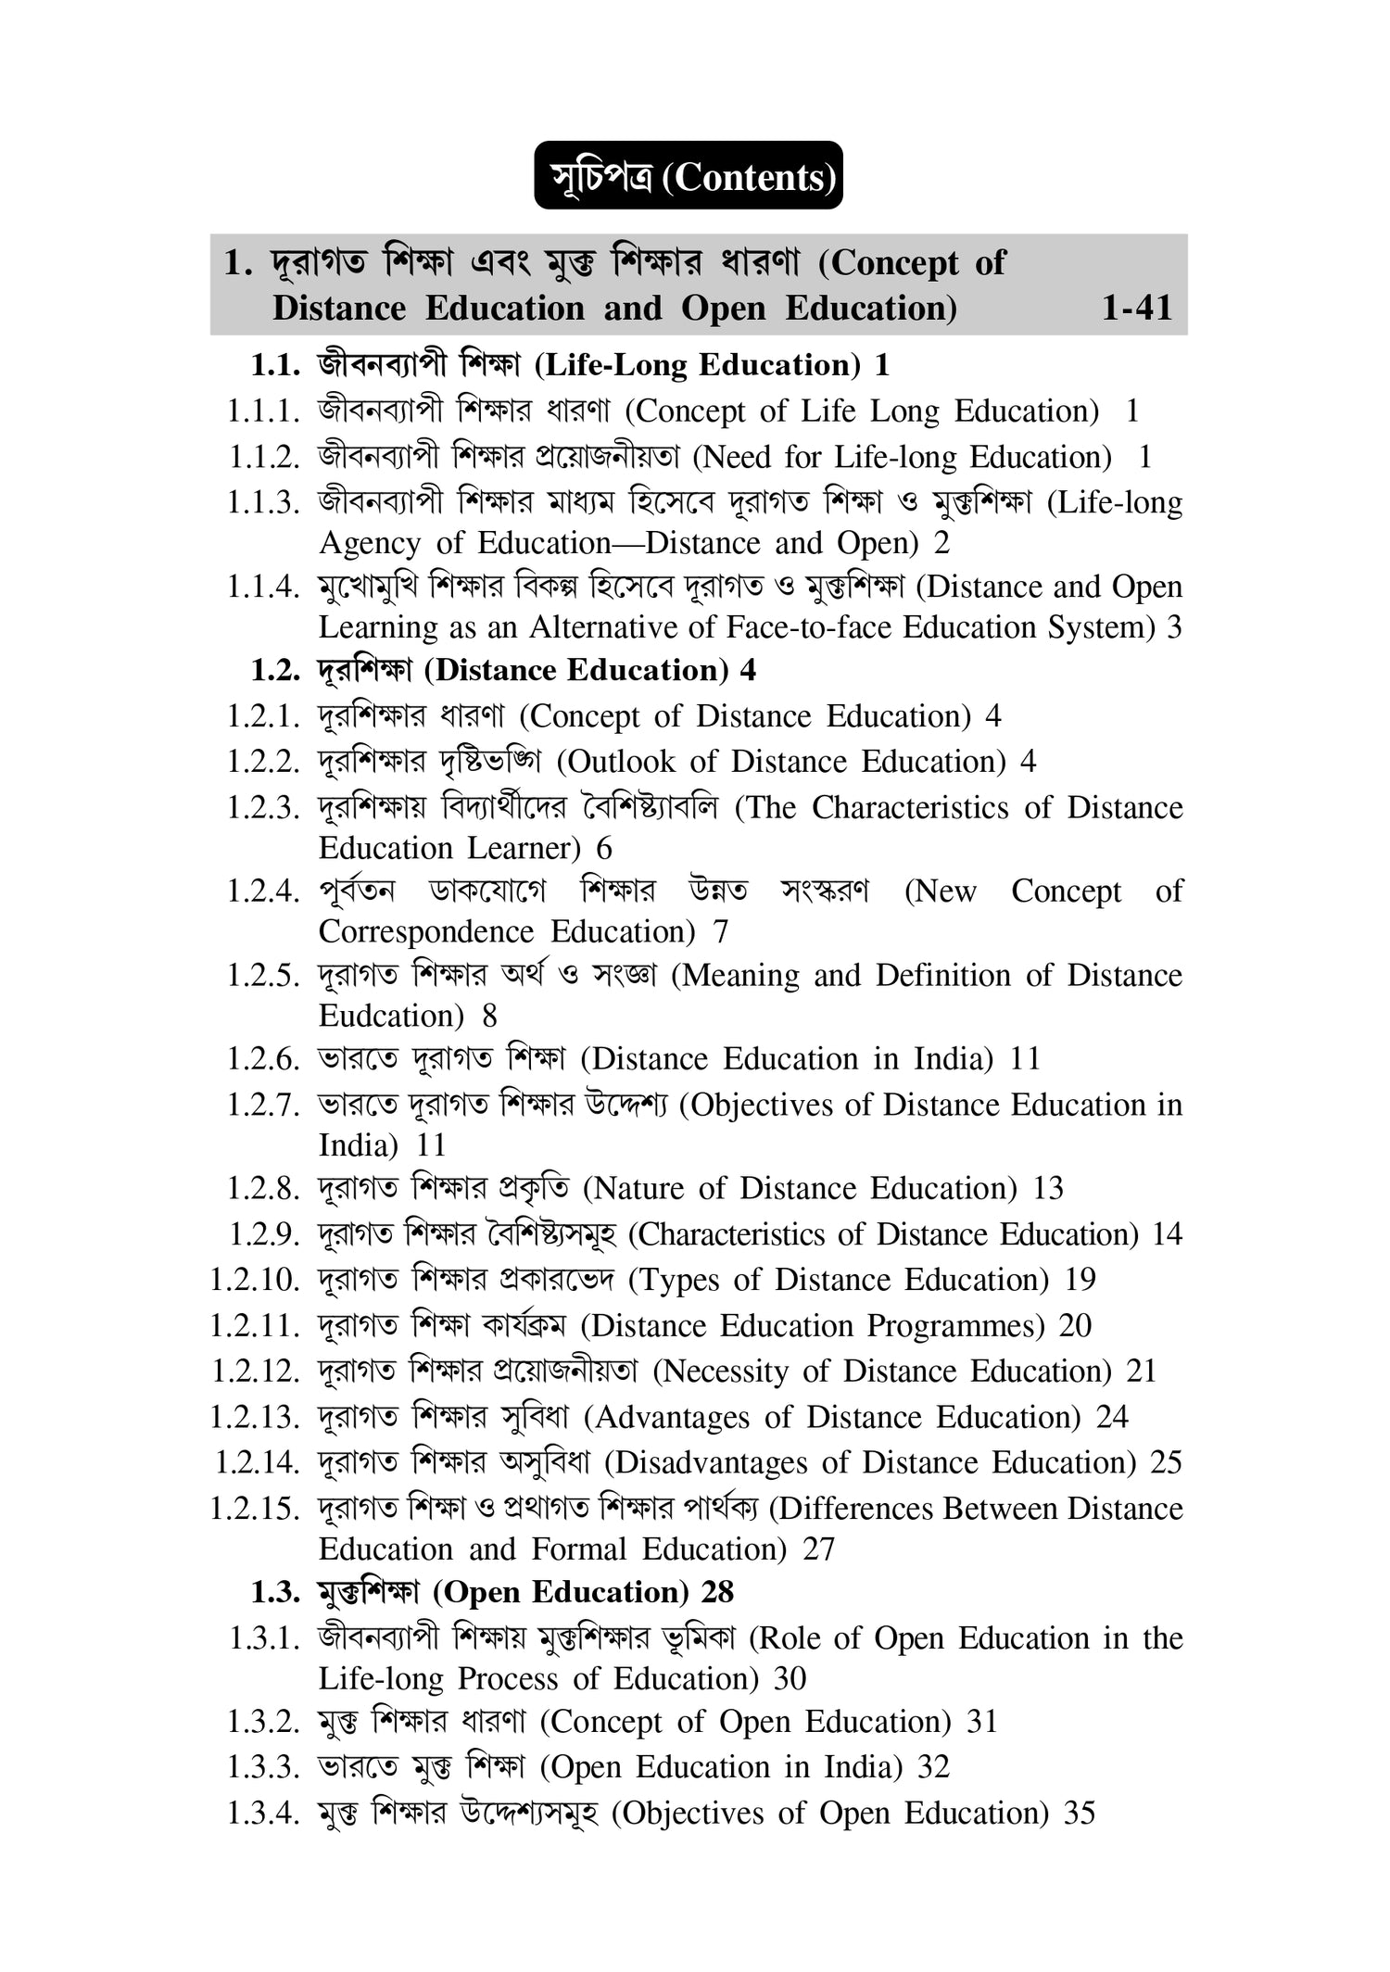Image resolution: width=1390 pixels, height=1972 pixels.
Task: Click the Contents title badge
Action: (x=688, y=176)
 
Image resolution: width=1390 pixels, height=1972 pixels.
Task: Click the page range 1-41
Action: (x=1136, y=308)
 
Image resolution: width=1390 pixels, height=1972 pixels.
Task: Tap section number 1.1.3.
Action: (x=264, y=503)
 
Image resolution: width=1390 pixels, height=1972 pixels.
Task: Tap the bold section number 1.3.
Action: (x=275, y=1593)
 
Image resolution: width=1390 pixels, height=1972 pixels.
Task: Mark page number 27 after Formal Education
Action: (x=818, y=1549)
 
